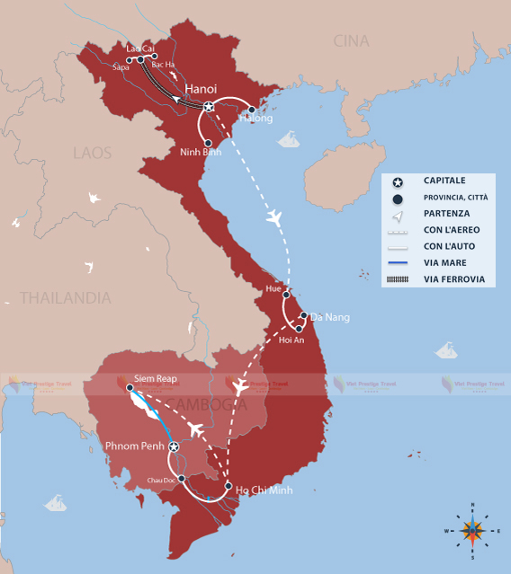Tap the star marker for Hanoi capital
pos(209,108)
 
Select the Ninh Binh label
pos(201,152)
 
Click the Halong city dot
pos(252,110)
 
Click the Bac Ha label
pos(163,66)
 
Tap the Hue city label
pos(273,288)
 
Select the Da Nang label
pos(329,317)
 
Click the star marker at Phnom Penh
pos(174,446)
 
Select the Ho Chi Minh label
pos(264,490)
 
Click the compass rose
pos(471,530)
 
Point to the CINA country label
pos(351,40)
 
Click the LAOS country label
pos(92,153)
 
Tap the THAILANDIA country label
pos(66,297)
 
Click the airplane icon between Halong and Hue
pos(275,218)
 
